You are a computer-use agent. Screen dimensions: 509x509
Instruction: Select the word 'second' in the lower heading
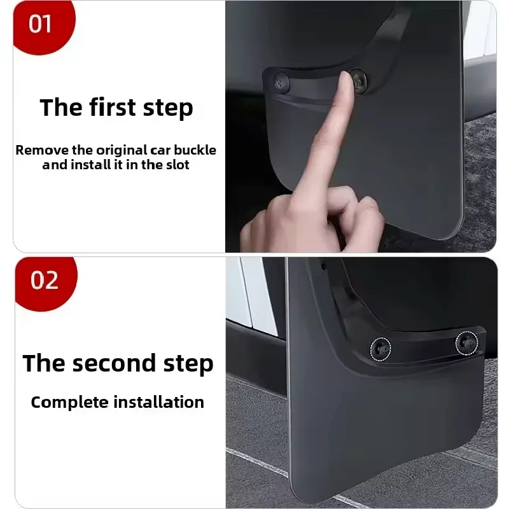click(116, 363)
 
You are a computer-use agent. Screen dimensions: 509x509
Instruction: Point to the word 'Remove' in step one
click(38, 151)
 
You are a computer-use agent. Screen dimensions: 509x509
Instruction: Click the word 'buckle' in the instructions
click(194, 151)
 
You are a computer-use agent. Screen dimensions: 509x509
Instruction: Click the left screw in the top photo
click(281, 81)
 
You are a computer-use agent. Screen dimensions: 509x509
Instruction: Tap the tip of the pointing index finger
click(344, 78)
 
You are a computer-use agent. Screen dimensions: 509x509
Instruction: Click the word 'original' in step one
click(121, 151)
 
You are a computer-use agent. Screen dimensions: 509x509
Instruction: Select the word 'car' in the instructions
click(161, 151)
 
